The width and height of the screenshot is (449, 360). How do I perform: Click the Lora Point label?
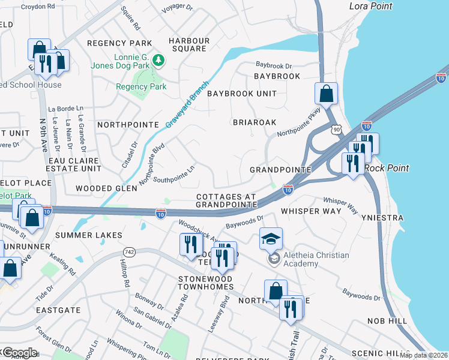370,6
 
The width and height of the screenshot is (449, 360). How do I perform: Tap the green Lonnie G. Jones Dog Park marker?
158,60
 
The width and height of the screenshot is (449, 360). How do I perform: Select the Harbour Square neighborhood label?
189,45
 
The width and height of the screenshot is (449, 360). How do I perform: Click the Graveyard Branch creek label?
188,104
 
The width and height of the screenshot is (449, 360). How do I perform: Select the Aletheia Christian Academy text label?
316,259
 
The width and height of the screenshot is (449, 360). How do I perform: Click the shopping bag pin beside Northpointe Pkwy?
327,94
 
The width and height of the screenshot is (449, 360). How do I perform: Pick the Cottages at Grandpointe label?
226,201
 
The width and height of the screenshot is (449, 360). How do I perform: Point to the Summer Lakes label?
88,235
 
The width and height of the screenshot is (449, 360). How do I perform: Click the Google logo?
19,352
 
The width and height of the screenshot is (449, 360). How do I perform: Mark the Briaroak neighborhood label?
255,122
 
